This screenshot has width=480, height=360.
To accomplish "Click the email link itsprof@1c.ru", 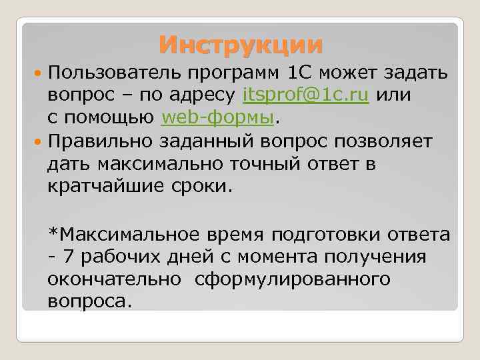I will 307,95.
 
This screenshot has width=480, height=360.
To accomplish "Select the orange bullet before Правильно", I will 39,142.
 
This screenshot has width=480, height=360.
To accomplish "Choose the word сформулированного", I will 293,279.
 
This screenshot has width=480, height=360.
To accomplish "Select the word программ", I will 233,71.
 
